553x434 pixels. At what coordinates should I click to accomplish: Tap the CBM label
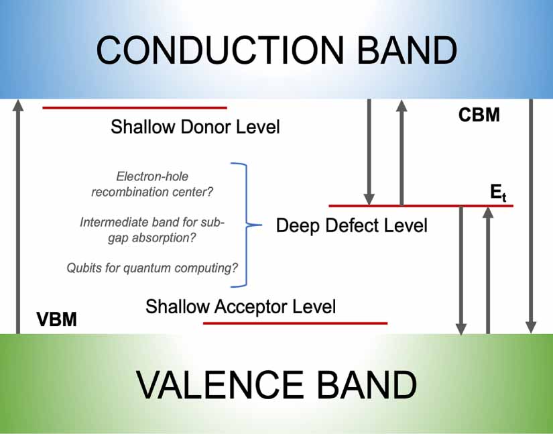pos(479,115)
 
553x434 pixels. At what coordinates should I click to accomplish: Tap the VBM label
pos(57,319)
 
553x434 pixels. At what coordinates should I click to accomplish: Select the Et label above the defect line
pos(497,195)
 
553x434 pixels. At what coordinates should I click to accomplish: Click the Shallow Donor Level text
pos(195,127)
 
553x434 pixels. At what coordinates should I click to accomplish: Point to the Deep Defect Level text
pos(351,225)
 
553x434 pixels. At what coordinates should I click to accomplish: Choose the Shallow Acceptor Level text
pos(241,307)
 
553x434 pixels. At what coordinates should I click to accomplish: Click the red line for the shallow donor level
pos(135,107)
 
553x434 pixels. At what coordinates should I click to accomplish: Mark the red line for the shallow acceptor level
pos(295,323)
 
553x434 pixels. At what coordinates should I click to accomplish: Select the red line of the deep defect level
pos(421,205)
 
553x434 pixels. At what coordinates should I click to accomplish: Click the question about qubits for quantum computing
pos(152,268)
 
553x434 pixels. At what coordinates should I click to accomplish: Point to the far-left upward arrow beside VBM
pos(18,215)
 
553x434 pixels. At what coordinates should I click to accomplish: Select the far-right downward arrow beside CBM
pos(530,215)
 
